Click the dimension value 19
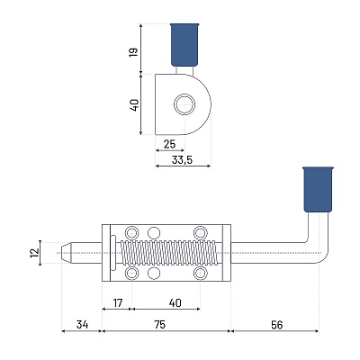tap(134, 52)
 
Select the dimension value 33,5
tap(182, 160)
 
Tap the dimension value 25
tap(169, 144)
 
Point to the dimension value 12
tap(35, 253)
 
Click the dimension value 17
tap(118, 303)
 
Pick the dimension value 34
tap(82, 325)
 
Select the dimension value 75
tap(160, 325)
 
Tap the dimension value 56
tap(276, 325)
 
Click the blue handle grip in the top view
tap(184, 44)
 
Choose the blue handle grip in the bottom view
tap(319, 190)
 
